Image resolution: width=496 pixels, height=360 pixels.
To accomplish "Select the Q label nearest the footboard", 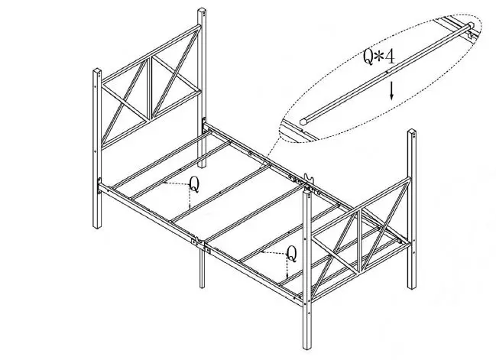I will click(291, 253).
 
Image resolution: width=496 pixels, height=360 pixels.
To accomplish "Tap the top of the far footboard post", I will click(411, 133).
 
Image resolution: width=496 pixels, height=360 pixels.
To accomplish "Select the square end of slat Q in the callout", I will click(306, 120).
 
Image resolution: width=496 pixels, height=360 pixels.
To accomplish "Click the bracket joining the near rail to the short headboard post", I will click(100, 184).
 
